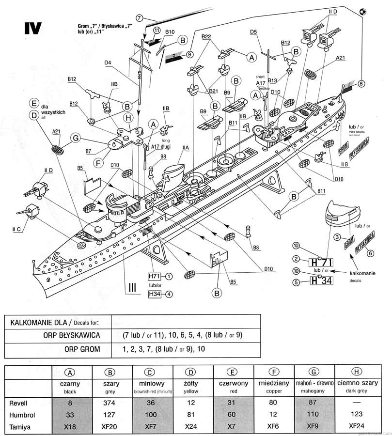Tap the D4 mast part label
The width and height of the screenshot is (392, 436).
[108, 62]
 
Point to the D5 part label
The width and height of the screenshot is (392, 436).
[253, 32]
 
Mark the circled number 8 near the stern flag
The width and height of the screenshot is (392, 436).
[361, 84]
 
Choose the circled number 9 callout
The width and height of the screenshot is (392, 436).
[189, 54]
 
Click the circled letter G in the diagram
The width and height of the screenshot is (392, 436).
[76, 139]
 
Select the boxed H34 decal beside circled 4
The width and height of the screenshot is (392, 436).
[154, 294]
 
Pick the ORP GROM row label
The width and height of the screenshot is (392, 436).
[84, 349]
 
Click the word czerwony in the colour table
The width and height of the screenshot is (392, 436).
[234, 383]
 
